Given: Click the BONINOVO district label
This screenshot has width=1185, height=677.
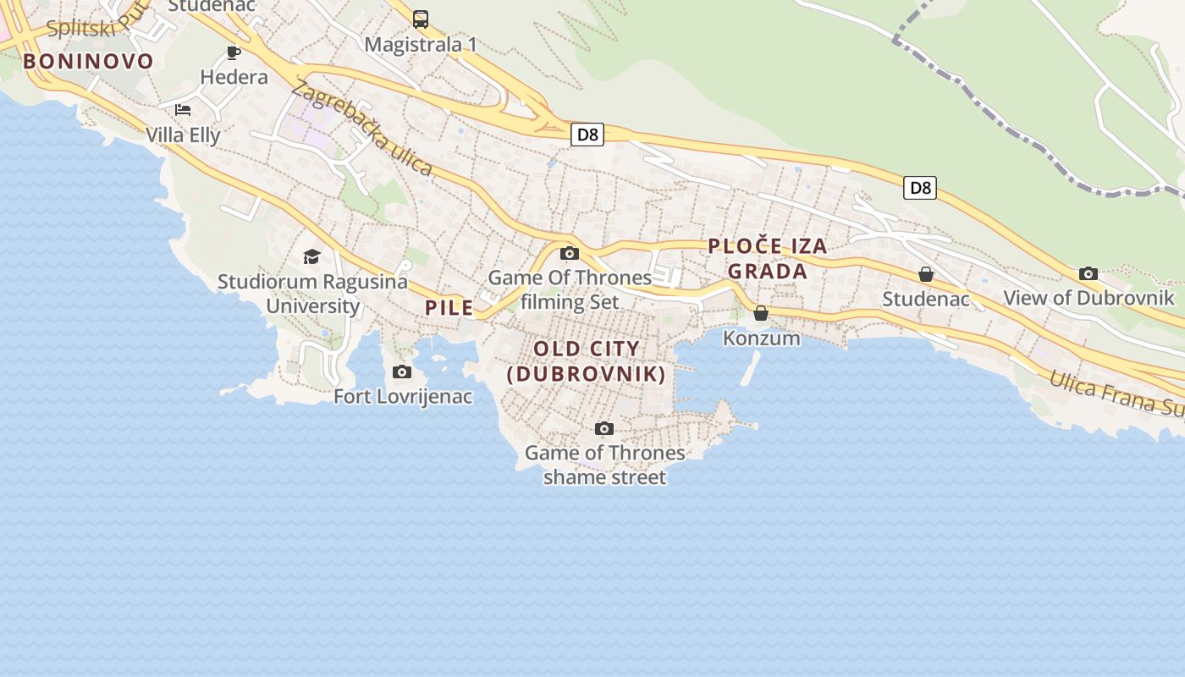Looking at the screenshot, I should click(88, 61).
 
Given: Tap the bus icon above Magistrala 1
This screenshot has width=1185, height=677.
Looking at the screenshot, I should click(421, 19).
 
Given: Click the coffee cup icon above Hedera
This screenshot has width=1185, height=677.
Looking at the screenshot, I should click(234, 52).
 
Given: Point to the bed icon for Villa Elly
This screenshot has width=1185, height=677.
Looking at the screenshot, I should click(183, 110).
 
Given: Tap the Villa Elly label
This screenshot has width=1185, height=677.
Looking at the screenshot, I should click(183, 135).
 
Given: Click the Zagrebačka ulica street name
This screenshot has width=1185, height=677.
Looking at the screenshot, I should click(362, 129).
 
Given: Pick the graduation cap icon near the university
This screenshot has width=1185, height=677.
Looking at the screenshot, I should click(312, 256).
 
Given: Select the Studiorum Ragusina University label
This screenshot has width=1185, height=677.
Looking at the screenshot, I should click(312, 294).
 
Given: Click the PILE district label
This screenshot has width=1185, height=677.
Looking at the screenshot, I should click(449, 308).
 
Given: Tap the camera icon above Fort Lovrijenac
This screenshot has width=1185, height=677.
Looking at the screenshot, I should click(402, 372).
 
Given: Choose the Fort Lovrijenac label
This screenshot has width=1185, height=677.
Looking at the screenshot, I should click(403, 396).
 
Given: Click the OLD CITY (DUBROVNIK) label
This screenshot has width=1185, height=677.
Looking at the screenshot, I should click(587, 361).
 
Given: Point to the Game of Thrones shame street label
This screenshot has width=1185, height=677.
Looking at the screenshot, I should click(604, 465).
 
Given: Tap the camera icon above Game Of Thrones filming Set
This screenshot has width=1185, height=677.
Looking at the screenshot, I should click(570, 253).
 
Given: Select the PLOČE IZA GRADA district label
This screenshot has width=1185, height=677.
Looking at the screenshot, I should click(768, 258).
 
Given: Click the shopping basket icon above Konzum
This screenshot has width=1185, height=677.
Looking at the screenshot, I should click(761, 314).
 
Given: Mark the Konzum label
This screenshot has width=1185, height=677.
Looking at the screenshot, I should click(761, 338).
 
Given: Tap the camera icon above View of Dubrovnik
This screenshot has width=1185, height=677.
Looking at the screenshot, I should click(1089, 273).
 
